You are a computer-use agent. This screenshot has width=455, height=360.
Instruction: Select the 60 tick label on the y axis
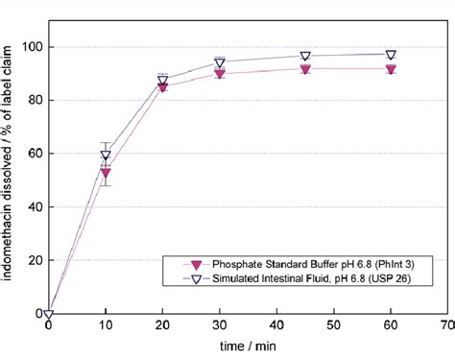[x=33, y=153]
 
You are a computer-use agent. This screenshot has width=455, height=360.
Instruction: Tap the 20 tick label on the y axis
[x=33, y=260]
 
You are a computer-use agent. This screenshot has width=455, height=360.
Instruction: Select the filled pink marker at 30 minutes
[x=220, y=74]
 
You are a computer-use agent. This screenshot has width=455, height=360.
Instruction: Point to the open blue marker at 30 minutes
[x=220, y=62]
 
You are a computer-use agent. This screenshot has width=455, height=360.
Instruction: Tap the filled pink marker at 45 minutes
[x=305, y=68]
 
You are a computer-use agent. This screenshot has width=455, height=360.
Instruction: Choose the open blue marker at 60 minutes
[x=391, y=55]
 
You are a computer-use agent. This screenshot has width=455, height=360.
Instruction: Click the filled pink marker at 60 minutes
[x=391, y=68]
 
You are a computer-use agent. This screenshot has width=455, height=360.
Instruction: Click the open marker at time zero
[x=49, y=314]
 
